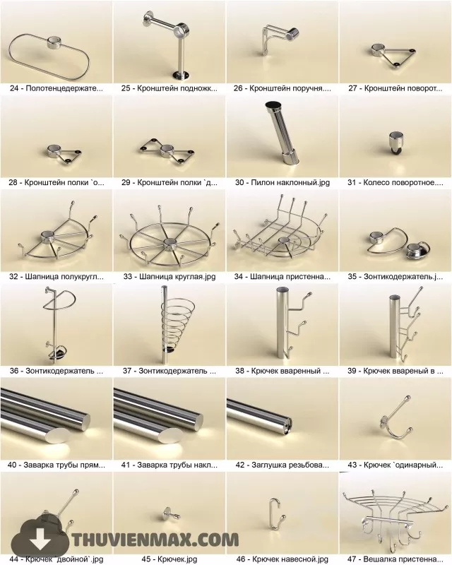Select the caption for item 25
tap(169, 89)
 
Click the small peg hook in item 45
tap(168, 512)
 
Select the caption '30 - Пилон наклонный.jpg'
tap(282, 182)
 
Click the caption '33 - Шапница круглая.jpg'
tap(168, 276)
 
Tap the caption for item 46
tap(282, 559)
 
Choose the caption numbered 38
tap(282, 370)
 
